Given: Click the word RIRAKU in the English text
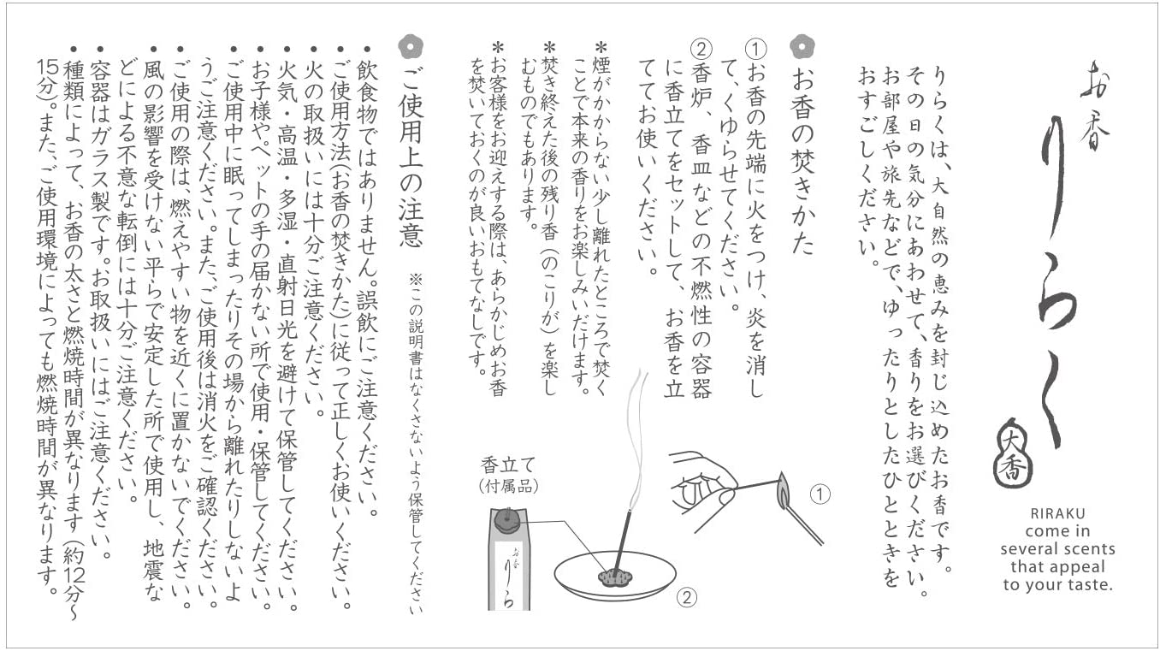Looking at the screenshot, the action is pyautogui.click(x=1057, y=513).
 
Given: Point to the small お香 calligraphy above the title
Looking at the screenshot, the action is pyautogui.click(x=1095, y=104).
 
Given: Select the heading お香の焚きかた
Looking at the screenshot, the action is pyautogui.click(x=802, y=161).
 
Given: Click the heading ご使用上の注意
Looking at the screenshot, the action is pyautogui.click(x=411, y=157).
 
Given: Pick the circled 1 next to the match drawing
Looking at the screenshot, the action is pyautogui.click(x=820, y=494).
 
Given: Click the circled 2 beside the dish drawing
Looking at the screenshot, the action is pyautogui.click(x=687, y=598).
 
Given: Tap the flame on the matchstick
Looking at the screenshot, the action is pyautogui.click(x=782, y=488).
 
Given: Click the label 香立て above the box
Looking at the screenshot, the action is pyautogui.click(x=507, y=465).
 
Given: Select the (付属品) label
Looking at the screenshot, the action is pyautogui.click(x=508, y=486).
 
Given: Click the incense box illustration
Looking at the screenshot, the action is pyautogui.click(x=508, y=559).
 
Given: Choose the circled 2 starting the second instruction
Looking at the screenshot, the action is pyautogui.click(x=701, y=50).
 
